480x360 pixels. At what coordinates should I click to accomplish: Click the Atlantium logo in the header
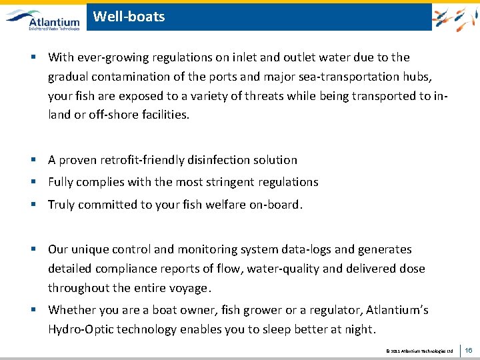[x=43, y=19]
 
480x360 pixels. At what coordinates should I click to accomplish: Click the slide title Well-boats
[x=129, y=17]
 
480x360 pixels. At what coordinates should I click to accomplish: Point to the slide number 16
[x=468, y=349]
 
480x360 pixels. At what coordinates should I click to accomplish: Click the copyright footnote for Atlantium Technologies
[x=419, y=350]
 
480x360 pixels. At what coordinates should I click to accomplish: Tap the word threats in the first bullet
[x=261, y=95]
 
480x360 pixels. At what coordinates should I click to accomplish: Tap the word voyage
[x=191, y=288]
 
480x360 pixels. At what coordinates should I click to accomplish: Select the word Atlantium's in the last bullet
[x=396, y=310]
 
